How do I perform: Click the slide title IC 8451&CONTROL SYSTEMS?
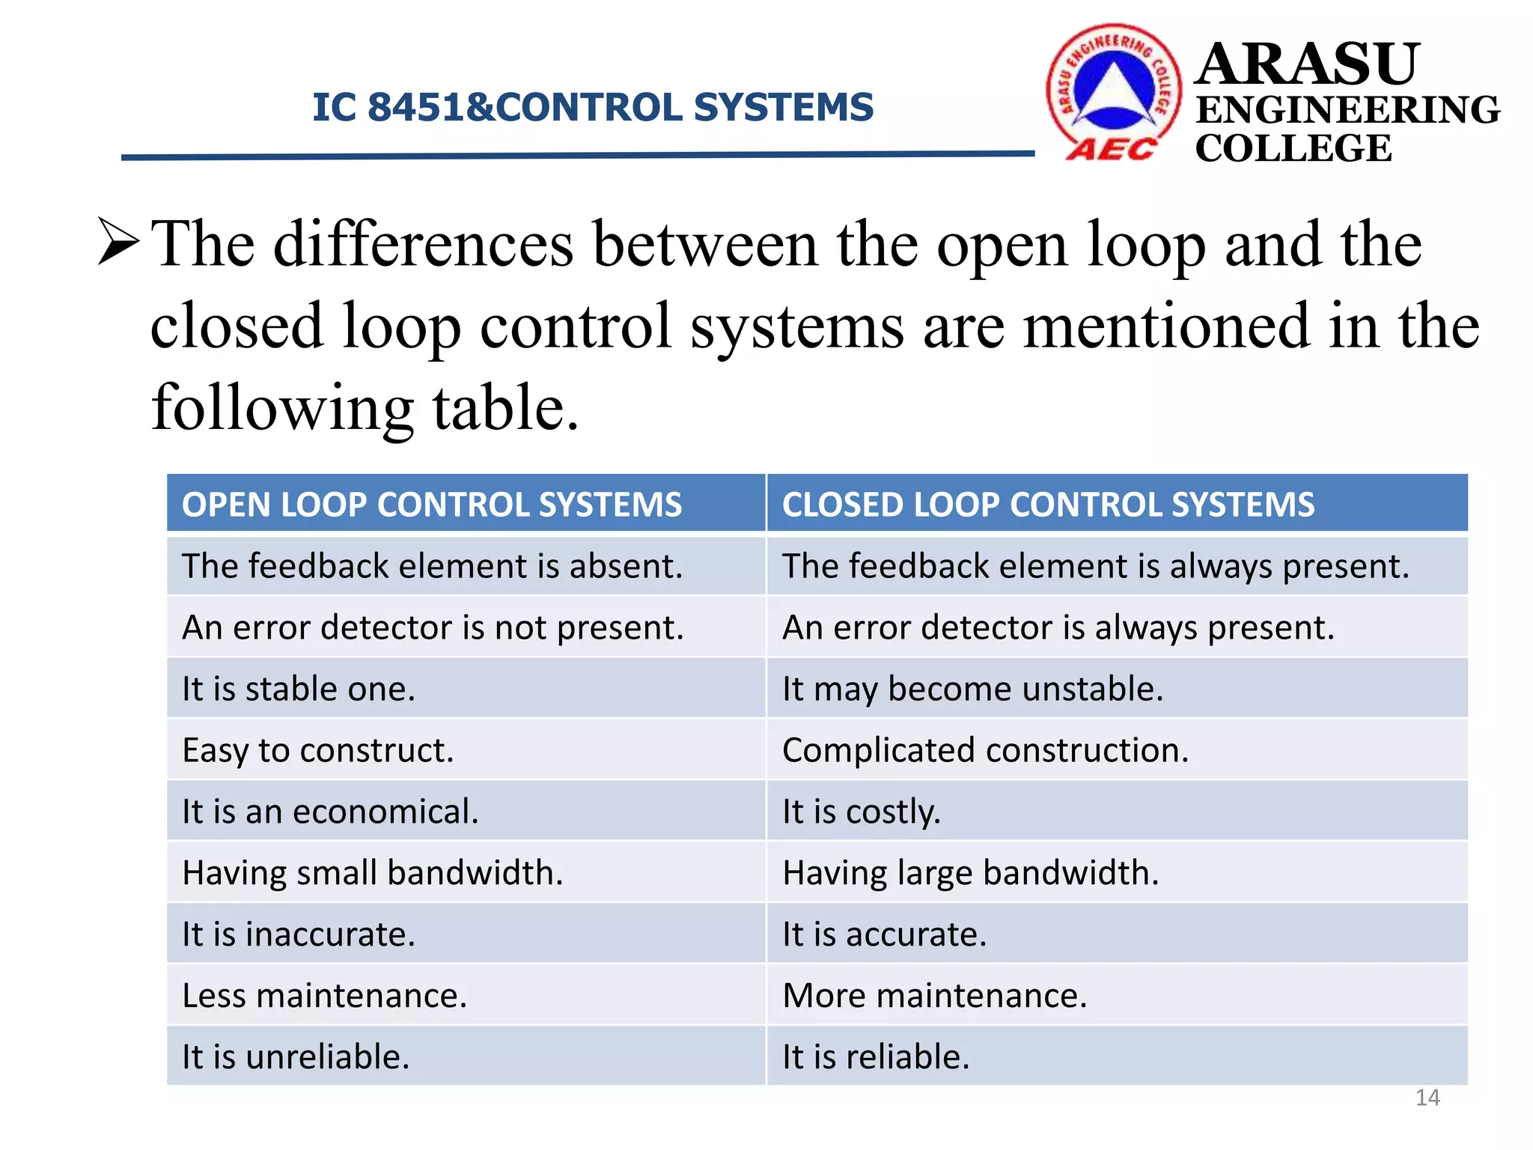[592, 107]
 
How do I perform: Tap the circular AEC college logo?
[1114, 91]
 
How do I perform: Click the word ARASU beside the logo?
[1307, 64]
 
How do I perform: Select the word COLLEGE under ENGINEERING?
[1293, 147]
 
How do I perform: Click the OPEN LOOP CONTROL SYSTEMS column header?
[432, 505]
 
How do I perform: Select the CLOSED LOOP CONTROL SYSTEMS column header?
[1048, 505]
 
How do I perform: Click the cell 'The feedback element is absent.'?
[432, 566]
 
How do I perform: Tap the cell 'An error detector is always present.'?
[1058, 627]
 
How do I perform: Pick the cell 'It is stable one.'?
[299, 689]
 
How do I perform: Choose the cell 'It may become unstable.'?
[972, 689]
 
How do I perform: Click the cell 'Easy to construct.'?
[318, 750]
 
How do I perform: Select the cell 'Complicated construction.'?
[985, 750]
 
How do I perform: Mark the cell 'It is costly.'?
[861, 812]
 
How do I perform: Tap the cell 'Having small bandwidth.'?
[373, 873]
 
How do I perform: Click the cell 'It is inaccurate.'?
[299, 934]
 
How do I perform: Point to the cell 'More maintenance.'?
[934, 996]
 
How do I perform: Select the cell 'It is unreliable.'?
[296, 1057]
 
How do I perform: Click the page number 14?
[1427, 1098]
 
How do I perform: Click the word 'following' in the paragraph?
[281, 408]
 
